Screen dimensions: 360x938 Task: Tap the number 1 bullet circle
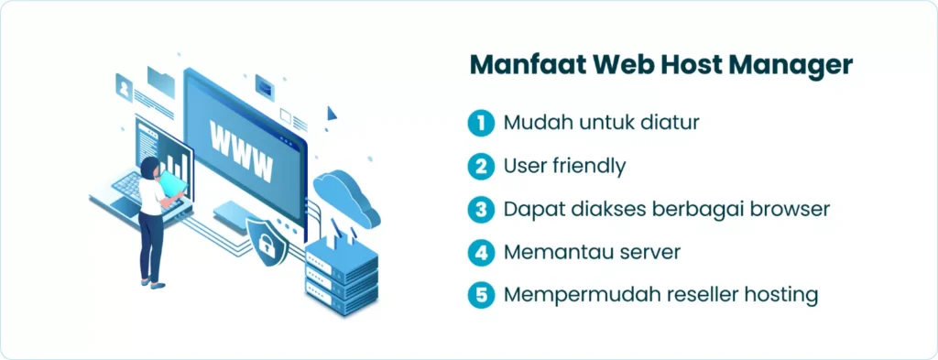(x=480, y=123)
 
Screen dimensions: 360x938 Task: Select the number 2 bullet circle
(x=480, y=166)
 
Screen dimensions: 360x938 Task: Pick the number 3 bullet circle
(x=480, y=210)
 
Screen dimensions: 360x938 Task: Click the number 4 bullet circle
(x=480, y=252)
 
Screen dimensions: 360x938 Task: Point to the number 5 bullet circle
(x=480, y=296)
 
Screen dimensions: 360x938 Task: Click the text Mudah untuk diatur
(x=601, y=122)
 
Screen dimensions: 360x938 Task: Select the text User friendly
(x=564, y=166)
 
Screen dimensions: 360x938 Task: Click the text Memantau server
(x=592, y=252)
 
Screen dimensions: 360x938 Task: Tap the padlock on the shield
(x=266, y=245)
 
